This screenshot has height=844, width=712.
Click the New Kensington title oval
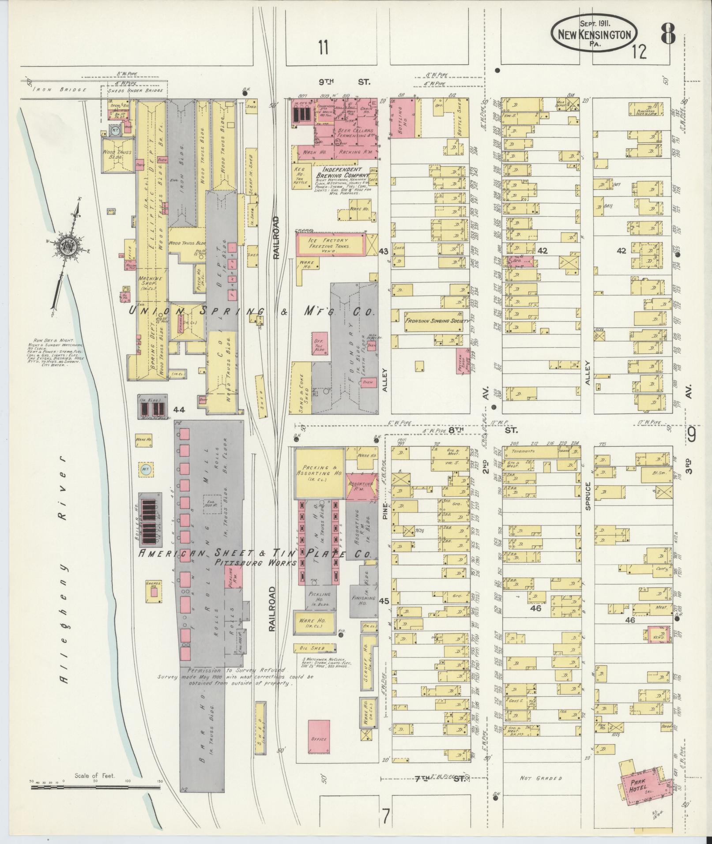click(594, 34)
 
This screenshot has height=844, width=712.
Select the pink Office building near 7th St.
click(319, 736)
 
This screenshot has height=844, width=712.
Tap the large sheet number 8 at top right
click(668, 34)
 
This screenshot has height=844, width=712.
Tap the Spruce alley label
click(588, 495)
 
